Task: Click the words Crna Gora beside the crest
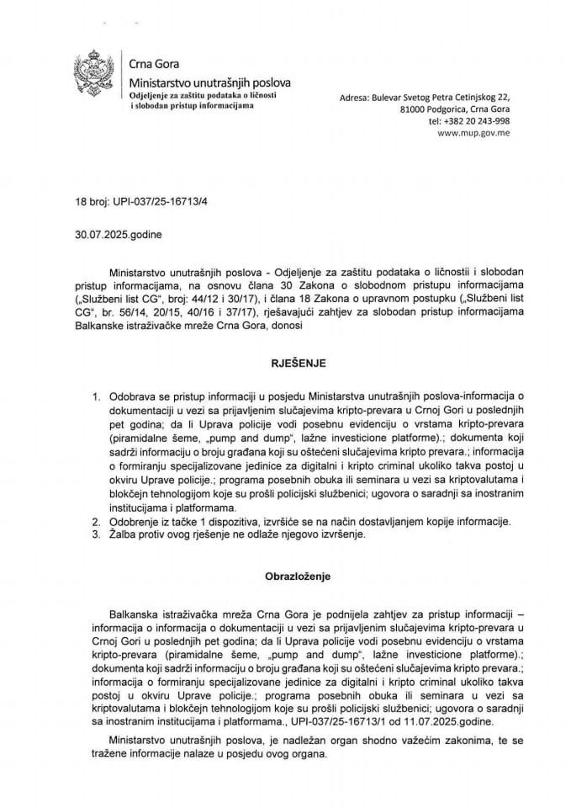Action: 153,64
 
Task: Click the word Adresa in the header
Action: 356,98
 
